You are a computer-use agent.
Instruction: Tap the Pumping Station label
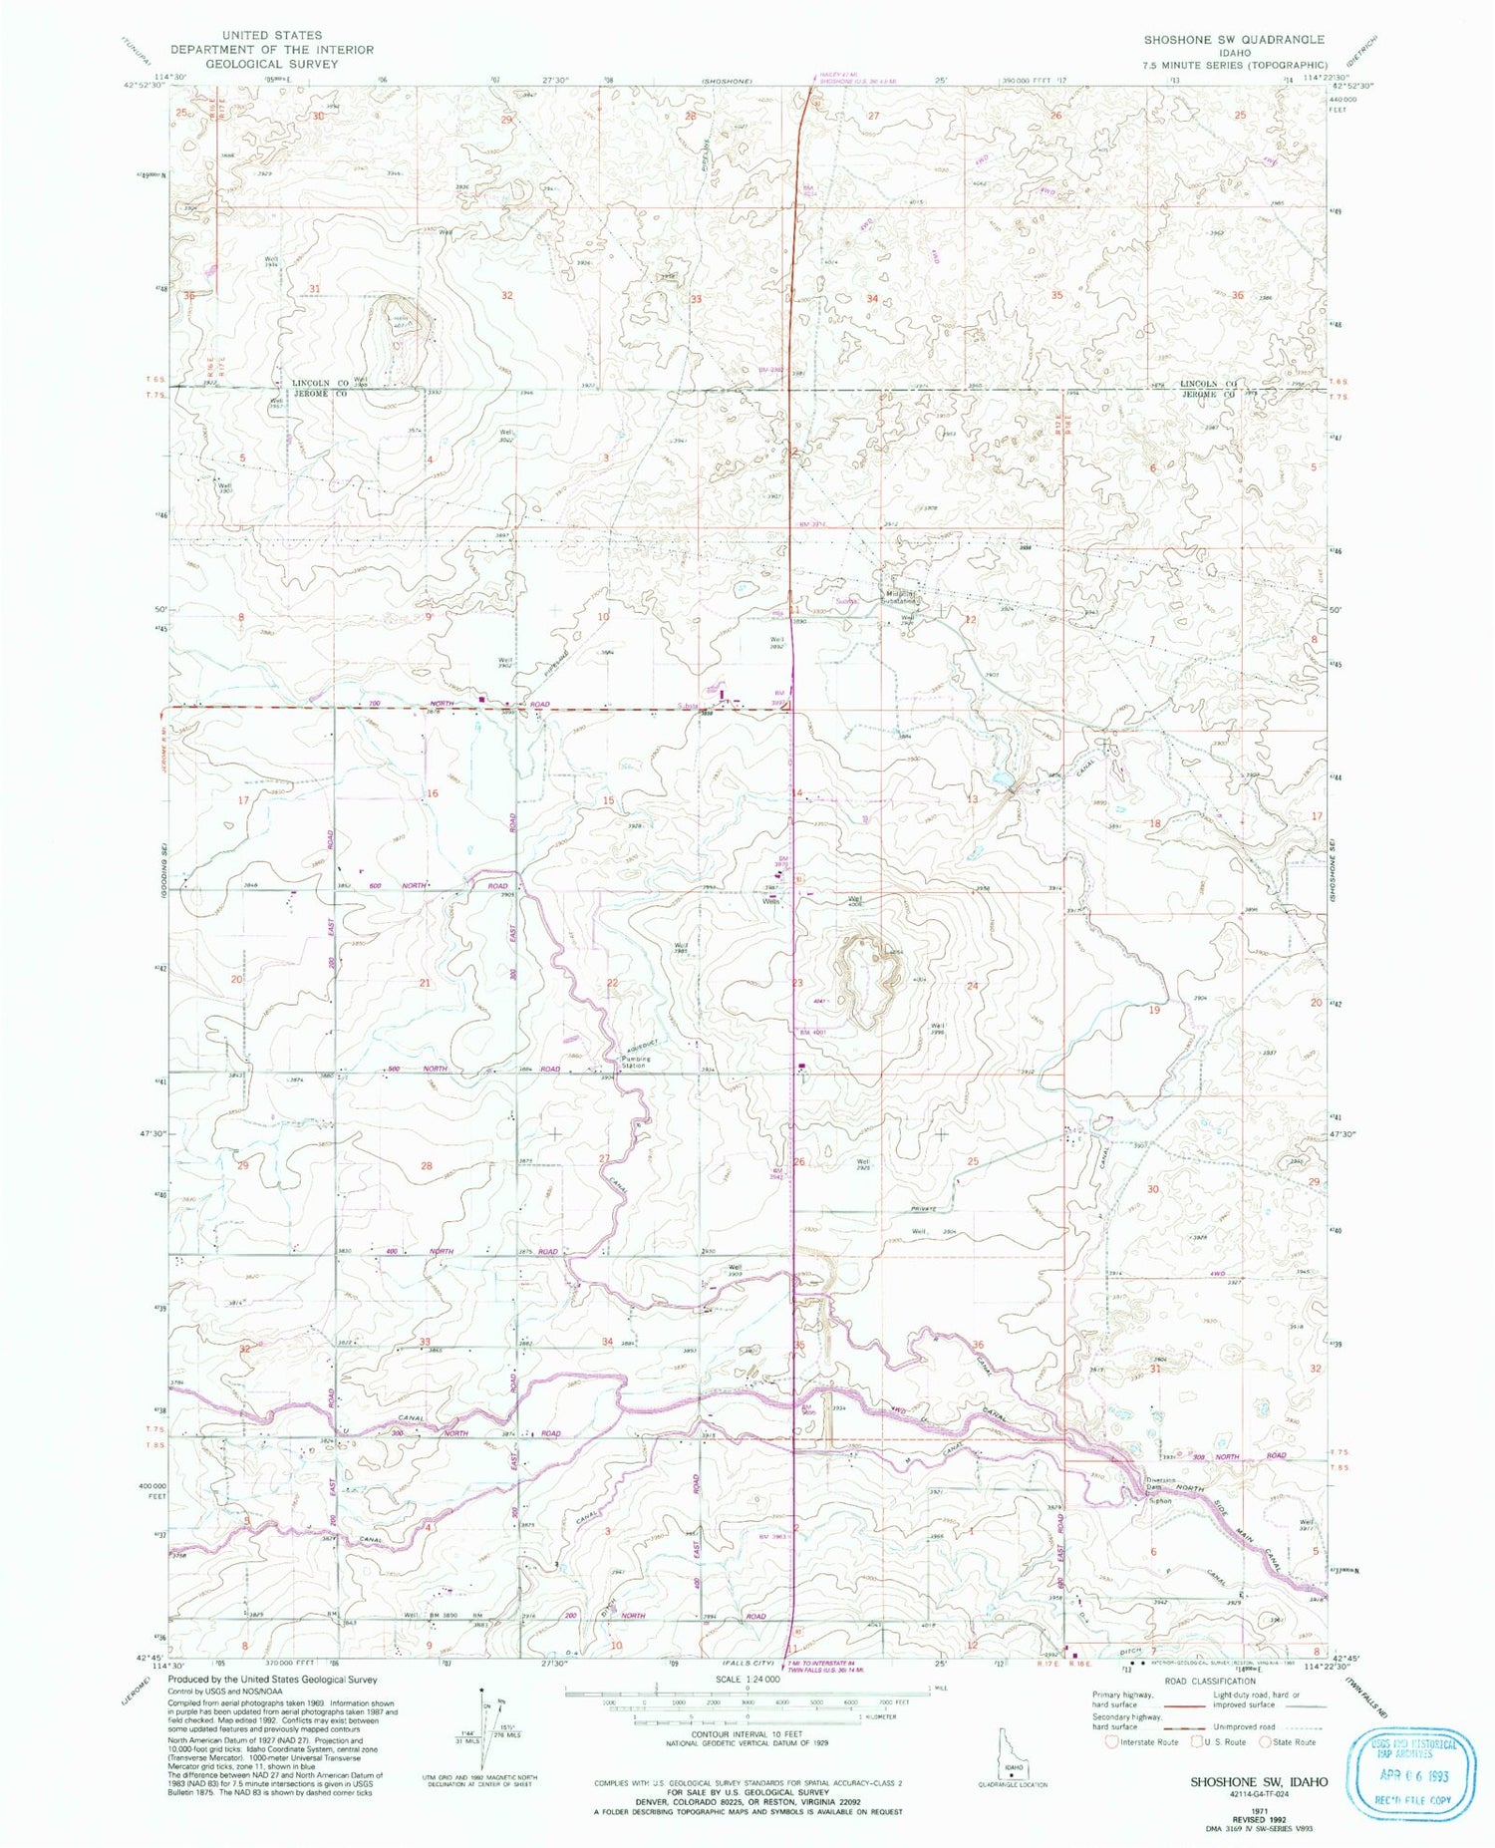tap(636, 1063)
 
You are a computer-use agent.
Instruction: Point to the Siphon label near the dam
tap(1159, 1500)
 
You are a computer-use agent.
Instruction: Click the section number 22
tap(613, 984)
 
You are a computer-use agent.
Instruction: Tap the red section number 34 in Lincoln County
tap(872, 299)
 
